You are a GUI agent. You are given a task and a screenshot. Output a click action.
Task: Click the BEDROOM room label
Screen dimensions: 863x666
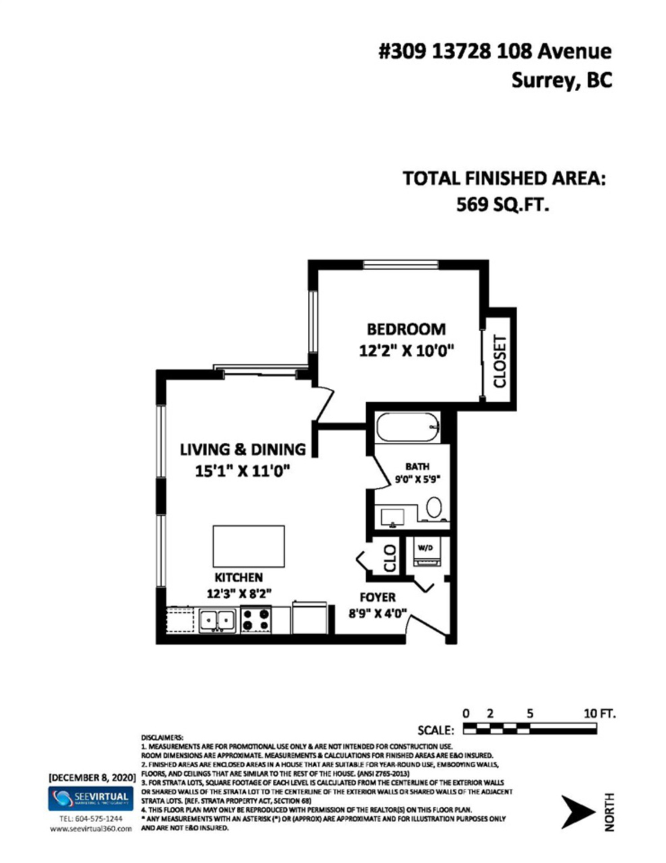[406, 329]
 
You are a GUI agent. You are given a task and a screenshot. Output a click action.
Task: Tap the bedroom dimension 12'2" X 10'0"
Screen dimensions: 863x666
[406, 351]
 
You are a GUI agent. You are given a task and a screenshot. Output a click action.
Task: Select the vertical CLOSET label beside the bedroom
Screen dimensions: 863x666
[500, 361]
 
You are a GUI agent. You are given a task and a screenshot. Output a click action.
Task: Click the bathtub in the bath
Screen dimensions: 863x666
[407, 427]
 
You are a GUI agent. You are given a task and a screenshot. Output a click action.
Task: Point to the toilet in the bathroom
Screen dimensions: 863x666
[434, 507]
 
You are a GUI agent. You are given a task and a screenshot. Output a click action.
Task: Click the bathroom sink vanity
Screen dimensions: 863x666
[393, 517]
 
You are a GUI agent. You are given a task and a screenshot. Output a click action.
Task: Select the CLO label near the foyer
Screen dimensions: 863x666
[390, 559]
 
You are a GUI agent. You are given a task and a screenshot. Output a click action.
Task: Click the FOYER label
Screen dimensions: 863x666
[377, 597]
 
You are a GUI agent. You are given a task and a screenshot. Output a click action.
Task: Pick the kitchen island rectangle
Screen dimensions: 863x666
[249, 546]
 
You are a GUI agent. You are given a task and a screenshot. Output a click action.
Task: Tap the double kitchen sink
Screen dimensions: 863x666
[218, 621]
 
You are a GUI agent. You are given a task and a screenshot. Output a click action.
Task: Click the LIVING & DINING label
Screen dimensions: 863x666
[243, 449]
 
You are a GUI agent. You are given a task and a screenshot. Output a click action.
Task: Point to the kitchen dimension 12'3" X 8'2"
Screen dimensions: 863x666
[239, 594]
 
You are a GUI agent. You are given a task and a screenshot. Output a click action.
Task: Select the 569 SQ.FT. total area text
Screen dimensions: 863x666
[502, 205]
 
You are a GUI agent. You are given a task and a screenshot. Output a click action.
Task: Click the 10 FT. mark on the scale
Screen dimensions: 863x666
[599, 713]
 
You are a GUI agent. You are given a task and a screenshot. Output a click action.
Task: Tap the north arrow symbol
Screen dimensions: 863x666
[577, 812]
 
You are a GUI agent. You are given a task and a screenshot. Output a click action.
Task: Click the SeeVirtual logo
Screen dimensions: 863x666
[91, 798]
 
